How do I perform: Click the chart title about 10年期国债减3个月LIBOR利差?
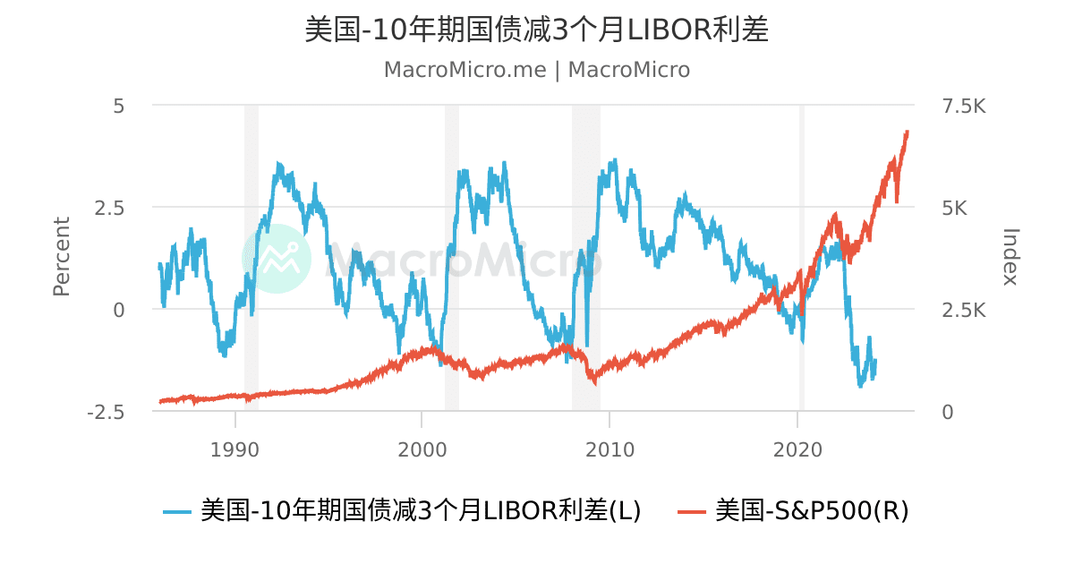tap(537, 30)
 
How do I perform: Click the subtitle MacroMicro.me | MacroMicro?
tap(537, 70)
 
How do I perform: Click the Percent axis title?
tap(61, 257)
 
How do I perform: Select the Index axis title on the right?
tap(1010, 257)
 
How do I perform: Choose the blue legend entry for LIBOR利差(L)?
tap(403, 511)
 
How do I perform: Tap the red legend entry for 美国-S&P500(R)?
tap(794, 511)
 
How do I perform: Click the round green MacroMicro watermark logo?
tap(277, 259)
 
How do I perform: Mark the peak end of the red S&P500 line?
tap(907, 132)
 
